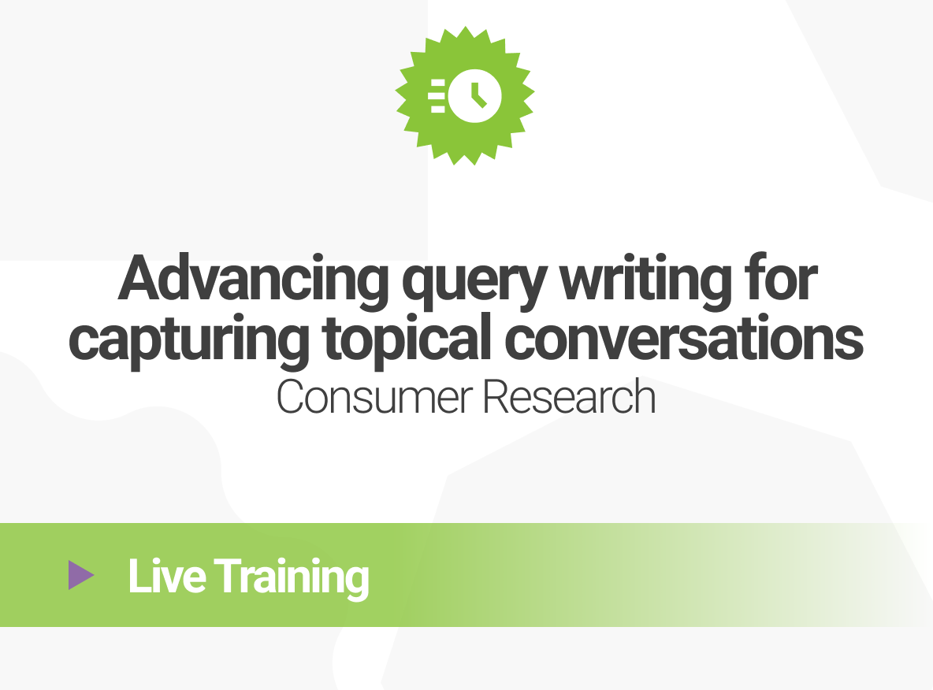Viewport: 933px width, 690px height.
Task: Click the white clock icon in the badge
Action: [475, 95]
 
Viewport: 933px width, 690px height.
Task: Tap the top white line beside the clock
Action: [437, 82]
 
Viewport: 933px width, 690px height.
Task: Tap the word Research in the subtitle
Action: [569, 399]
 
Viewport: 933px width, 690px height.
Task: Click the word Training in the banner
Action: [292, 577]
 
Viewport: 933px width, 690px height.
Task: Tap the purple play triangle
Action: [80, 575]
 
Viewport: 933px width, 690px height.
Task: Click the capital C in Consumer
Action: [292, 399]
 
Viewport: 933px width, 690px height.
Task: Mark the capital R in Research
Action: [494, 399]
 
